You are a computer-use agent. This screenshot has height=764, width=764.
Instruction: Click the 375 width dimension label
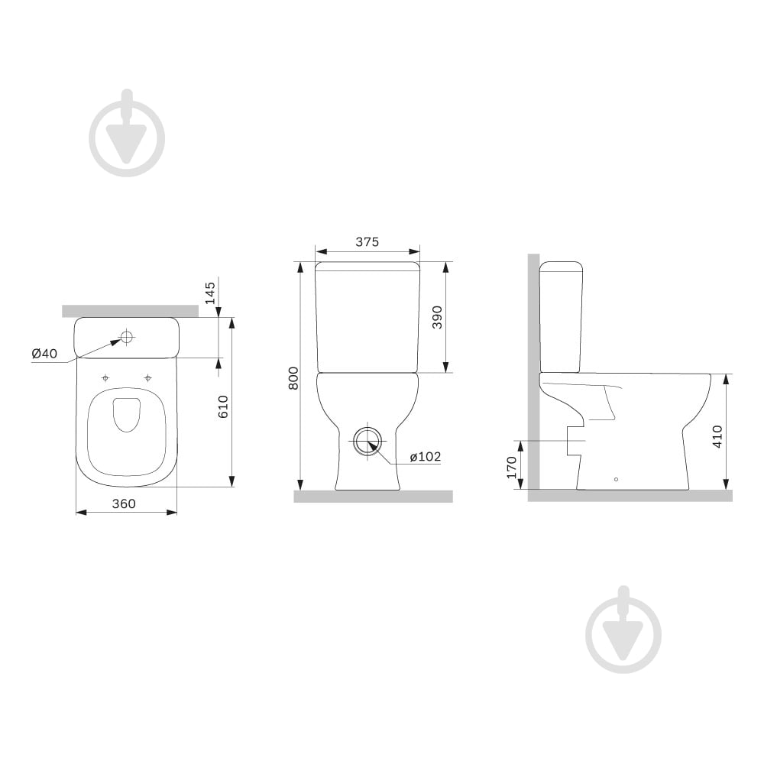coord(367,241)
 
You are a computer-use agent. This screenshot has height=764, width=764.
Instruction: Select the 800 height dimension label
coord(293,376)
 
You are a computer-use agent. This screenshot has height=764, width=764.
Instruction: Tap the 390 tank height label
coord(437,316)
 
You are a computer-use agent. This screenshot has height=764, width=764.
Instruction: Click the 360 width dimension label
coord(124,503)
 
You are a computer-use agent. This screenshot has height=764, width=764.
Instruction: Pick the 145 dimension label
coord(210,291)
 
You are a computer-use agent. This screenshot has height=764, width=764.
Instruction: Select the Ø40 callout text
coord(44,353)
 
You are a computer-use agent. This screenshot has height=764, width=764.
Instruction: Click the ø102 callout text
coord(426,457)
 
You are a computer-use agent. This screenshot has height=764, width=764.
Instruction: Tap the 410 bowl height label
coord(717,436)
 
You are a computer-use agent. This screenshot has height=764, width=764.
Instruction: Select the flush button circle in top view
coord(128,336)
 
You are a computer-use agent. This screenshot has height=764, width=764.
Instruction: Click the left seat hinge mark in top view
coord(105,377)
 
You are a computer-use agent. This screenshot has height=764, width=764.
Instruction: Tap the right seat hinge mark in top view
coord(147,377)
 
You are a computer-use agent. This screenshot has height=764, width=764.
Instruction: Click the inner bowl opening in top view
coord(127,413)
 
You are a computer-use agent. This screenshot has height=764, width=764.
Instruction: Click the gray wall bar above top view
coord(129,310)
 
